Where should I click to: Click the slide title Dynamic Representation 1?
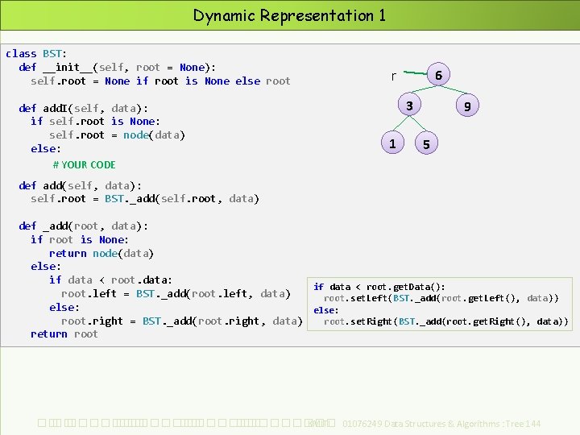click(x=289, y=15)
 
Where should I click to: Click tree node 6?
click(x=437, y=75)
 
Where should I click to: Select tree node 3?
click(x=409, y=106)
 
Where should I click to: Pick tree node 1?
click(x=391, y=143)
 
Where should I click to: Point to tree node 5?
click(x=426, y=144)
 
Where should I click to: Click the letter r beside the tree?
click(x=393, y=77)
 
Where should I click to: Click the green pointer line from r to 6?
click(x=412, y=73)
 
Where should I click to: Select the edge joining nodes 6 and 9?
click(x=453, y=90)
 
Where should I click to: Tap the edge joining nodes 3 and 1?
click(x=400, y=125)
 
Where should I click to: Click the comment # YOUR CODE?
click(x=84, y=165)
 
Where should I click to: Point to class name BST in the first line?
click(x=53, y=54)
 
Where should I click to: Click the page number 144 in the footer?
click(x=532, y=424)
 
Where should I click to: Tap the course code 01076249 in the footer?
click(x=363, y=424)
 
